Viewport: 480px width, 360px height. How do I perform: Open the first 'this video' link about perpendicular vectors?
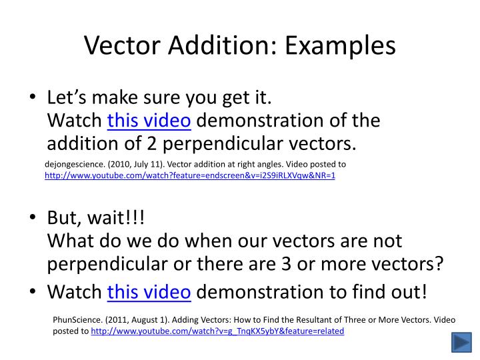click(149, 121)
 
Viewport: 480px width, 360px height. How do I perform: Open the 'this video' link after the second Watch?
click(149, 292)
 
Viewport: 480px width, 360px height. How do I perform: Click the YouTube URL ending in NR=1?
click(190, 176)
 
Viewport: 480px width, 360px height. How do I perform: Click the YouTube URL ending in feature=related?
click(217, 331)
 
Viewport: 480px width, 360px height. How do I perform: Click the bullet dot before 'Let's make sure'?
click(33, 99)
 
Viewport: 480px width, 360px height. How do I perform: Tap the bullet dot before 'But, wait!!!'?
click(33, 219)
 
